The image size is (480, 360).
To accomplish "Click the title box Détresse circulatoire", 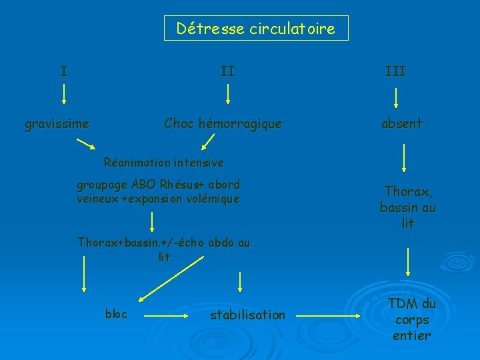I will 256,29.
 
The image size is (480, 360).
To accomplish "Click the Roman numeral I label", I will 63,71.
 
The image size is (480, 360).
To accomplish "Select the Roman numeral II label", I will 227,71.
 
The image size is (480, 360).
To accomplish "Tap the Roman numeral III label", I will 395,71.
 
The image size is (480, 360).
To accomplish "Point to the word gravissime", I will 57,123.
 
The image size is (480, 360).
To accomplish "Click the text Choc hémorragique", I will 223,123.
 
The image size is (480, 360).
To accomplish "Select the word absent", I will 401,123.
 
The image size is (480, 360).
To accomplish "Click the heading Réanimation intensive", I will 164,162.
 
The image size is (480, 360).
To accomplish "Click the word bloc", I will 117,313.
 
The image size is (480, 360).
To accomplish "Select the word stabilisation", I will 247,315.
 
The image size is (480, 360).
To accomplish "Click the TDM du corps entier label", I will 412,319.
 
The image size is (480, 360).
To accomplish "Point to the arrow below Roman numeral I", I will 64,93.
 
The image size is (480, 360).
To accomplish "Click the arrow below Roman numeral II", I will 228,93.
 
